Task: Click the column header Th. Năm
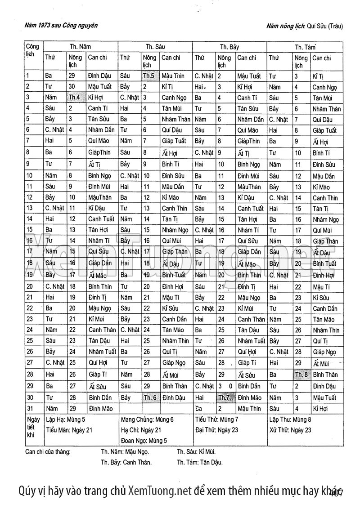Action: (x=81, y=46)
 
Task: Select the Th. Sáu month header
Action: (x=155, y=46)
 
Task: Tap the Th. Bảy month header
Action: (x=229, y=46)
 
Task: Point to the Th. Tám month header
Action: (x=305, y=46)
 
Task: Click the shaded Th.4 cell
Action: (x=74, y=98)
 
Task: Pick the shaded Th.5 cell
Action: (x=149, y=76)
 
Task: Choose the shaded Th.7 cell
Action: (x=224, y=398)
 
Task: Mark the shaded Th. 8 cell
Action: (x=301, y=375)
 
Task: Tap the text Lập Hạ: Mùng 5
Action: (x=66, y=419)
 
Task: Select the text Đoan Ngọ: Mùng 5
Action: (x=144, y=441)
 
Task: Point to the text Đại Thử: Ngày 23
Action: (x=217, y=430)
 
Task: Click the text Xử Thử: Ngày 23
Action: (x=290, y=430)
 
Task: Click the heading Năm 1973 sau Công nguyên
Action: (x=62, y=26)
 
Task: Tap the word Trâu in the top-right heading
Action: (x=335, y=26)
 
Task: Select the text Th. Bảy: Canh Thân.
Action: (x=126, y=462)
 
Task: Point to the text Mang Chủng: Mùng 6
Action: (x=147, y=419)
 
